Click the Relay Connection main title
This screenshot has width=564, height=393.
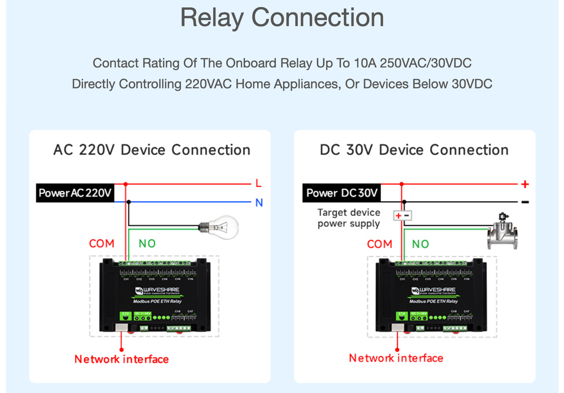click(x=282, y=18)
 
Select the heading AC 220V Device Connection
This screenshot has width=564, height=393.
click(x=151, y=150)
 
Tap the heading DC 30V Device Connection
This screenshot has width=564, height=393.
click(x=414, y=150)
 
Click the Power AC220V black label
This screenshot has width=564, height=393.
click(x=75, y=193)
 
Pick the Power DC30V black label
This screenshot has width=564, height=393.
click(x=342, y=193)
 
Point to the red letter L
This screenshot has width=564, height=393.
click(x=258, y=183)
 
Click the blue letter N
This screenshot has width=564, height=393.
click(x=259, y=203)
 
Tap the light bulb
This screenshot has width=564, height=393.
click(x=220, y=226)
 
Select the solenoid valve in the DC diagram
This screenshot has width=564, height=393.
click(x=502, y=231)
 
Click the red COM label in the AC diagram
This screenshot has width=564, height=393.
click(x=102, y=243)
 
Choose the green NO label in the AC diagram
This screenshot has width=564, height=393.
click(x=147, y=243)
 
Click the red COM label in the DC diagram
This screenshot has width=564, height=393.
click(x=379, y=244)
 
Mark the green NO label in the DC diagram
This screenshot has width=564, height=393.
click(x=420, y=244)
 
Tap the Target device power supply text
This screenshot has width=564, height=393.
click(x=349, y=218)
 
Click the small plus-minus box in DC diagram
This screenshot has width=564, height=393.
click(x=402, y=216)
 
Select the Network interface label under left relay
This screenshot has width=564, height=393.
click(x=122, y=359)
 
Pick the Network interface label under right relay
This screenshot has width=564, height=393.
click(x=396, y=358)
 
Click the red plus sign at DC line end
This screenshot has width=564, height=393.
click(x=525, y=184)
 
